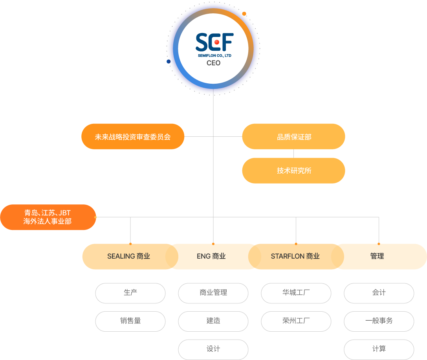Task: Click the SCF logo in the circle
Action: pyautogui.click(x=214, y=45)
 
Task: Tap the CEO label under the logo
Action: pyautogui.click(x=214, y=63)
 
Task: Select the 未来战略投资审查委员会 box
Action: pyautogui.click(x=133, y=136)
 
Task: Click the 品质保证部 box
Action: pyautogui.click(x=293, y=136)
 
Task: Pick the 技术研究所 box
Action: pyautogui.click(x=293, y=171)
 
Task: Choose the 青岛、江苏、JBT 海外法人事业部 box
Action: pyautogui.click(x=48, y=217)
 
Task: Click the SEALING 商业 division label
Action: pyautogui.click(x=128, y=256)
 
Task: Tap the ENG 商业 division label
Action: pyautogui.click(x=211, y=256)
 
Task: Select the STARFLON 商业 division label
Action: pyautogui.click(x=295, y=256)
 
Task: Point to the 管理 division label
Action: pyautogui.click(x=377, y=256)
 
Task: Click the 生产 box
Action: pyautogui.click(x=130, y=293)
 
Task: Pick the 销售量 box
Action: pyautogui.click(x=130, y=321)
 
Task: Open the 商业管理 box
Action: pyautogui.click(x=213, y=293)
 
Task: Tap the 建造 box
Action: pyautogui.click(x=213, y=321)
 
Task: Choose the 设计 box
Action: pyautogui.click(x=213, y=350)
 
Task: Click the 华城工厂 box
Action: pyautogui.click(x=296, y=293)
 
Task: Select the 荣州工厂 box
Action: pyautogui.click(x=296, y=321)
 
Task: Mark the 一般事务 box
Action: pyautogui.click(x=379, y=321)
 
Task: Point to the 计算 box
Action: pyautogui.click(x=379, y=350)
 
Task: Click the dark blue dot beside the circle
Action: pyautogui.click(x=169, y=62)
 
